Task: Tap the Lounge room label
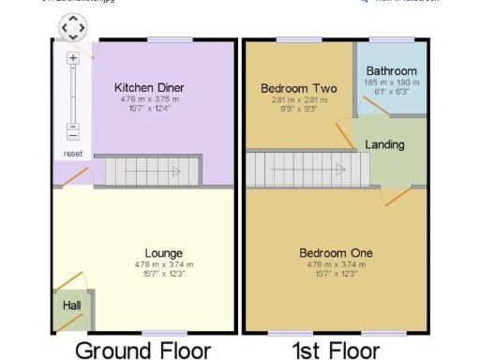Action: point(163,253)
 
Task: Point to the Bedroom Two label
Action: point(291,89)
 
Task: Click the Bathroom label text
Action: point(391,71)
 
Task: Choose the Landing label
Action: point(384,144)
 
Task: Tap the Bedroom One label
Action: point(336,253)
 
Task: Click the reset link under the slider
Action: point(73,153)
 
